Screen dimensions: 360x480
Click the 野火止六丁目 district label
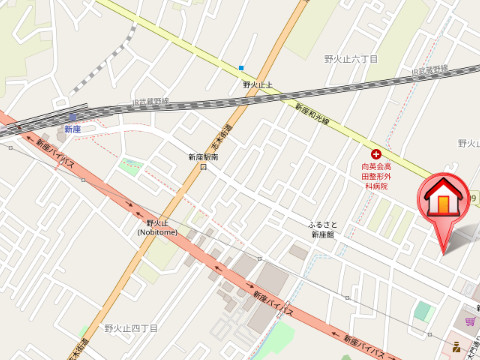[x=351, y=59]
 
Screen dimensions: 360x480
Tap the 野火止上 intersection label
[x=258, y=85]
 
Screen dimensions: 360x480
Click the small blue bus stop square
[x=241, y=68]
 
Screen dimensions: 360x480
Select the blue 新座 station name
[x=72, y=130]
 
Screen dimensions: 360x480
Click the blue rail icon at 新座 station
[x=72, y=116]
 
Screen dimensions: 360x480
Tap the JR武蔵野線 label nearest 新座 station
[x=151, y=104]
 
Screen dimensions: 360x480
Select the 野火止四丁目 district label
[x=131, y=327]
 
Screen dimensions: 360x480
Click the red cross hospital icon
[x=376, y=154]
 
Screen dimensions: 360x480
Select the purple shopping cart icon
[x=470, y=321]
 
